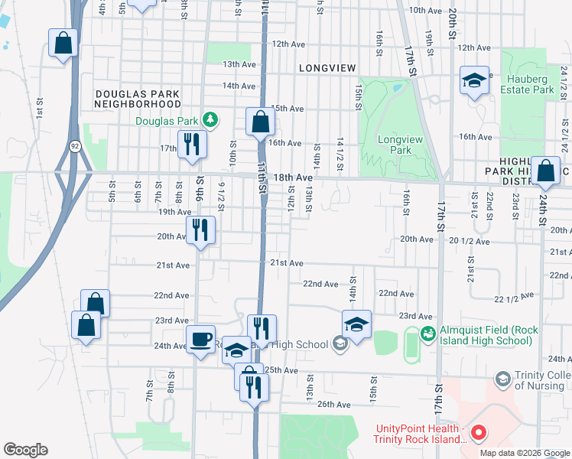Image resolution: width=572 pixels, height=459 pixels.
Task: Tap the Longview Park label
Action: tap(395, 145)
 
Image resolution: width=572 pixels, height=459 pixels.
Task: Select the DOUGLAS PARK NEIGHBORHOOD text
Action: tap(138, 99)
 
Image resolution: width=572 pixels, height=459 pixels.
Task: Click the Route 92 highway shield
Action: tap(74, 145)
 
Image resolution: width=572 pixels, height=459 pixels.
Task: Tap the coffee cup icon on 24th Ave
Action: tap(201, 339)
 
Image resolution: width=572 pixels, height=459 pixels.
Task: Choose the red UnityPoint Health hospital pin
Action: tap(479, 434)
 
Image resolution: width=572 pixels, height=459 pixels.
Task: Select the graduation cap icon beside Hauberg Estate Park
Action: tap(474, 80)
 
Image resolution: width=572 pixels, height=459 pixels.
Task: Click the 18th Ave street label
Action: tap(294, 177)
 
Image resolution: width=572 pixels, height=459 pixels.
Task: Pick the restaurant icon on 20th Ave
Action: tap(201, 229)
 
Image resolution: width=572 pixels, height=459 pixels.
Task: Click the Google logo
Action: tap(25, 450)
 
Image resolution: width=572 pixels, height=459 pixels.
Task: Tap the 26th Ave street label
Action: tap(333, 405)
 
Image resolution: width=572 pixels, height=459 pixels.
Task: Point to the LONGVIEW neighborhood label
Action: tap(327, 68)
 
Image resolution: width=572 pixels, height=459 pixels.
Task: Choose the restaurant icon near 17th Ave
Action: tap(191, 144)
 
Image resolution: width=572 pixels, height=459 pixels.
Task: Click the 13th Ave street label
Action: tap(239, 65)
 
